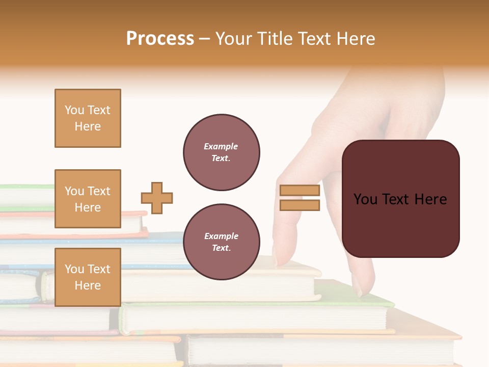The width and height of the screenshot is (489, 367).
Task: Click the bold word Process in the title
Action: pyautogui.click(x=160, y=39)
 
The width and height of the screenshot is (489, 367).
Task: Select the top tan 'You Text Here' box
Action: pyautogui.click(x=88, y=118)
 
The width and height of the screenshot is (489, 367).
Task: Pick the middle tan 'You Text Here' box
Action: pyautogui.click(x=88, y=199)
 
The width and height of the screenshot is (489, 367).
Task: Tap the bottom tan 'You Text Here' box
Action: pyautogui.click(x=88, y=277)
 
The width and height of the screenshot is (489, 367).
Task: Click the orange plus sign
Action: pyautogui.click(x=157, y=198)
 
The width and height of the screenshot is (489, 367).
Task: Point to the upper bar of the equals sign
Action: pyautogui.click(x=300, y=191)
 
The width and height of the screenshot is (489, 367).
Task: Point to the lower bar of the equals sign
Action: pyautogui.click(x=300, y=205)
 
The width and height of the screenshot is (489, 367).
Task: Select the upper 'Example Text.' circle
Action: pyautogui.click(x=221, y=152)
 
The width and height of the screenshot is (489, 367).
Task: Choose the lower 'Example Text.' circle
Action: pyautogui.click(x=221, y=242)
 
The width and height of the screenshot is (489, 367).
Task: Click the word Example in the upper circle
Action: pyautogui.click(x=221, y=147)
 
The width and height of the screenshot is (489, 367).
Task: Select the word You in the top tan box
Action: pyautogui.click(x=74, y=110)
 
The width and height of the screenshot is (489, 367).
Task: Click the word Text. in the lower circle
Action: pyautogui.click(x=221, y=248)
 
